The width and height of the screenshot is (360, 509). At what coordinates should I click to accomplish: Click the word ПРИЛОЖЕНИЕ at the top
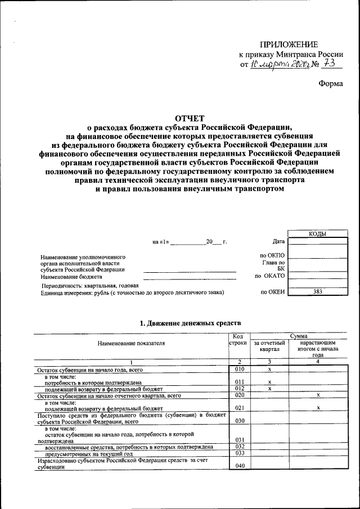[x=289, y=44]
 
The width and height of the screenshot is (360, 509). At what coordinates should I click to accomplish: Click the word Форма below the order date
[x=330, y=84]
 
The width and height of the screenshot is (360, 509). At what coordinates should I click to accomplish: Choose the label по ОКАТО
[x=270, y=276]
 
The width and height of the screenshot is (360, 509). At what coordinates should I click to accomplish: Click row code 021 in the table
[x=239, y=408]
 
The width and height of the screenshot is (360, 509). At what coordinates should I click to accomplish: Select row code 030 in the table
[x=239, y=420]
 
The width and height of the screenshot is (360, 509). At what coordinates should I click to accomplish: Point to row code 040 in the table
[x=239, y=466]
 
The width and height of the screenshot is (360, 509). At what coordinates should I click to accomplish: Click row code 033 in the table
[x=239, y=453]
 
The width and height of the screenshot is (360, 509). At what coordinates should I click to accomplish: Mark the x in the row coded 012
[x=270, y=389]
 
